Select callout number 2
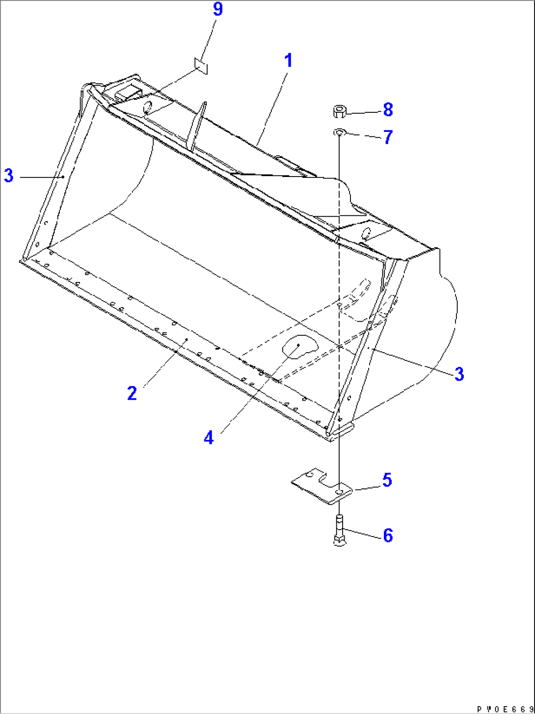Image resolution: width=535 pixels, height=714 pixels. coord(132,393)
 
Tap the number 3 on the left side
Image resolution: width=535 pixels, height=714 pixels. coord(9,176)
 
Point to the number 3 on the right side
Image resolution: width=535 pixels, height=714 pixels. coord(459,374)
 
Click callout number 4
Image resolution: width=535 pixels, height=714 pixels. coord(209,437)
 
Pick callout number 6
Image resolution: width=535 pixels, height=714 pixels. coord(388,535)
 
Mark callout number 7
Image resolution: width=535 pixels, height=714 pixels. coord(388,137)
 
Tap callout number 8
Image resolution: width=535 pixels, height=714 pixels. coord(388,110)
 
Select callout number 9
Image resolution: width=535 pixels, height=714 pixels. coord(218,9)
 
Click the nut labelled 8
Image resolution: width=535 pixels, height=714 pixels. coord(339,111)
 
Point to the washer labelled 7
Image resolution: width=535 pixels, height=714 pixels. coord(339,132)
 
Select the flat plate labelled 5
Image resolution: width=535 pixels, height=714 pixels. coord(321,486)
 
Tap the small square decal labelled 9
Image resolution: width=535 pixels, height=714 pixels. coord(201,66)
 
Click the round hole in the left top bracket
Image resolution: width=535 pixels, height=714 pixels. coord(148,108)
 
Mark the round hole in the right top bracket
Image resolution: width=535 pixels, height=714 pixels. coord(367,234)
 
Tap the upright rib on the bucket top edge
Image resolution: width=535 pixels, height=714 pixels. coord(197,127)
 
